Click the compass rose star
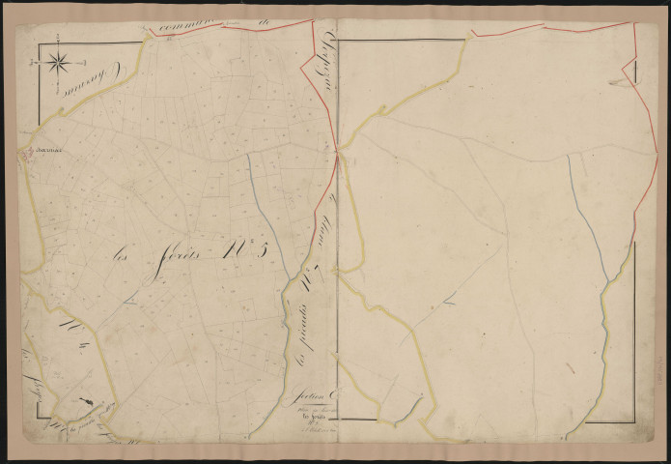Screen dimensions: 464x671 click(56, 64)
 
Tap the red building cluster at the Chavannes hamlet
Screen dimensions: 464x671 click(29, 151)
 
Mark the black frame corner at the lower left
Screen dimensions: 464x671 click(40, 421)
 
